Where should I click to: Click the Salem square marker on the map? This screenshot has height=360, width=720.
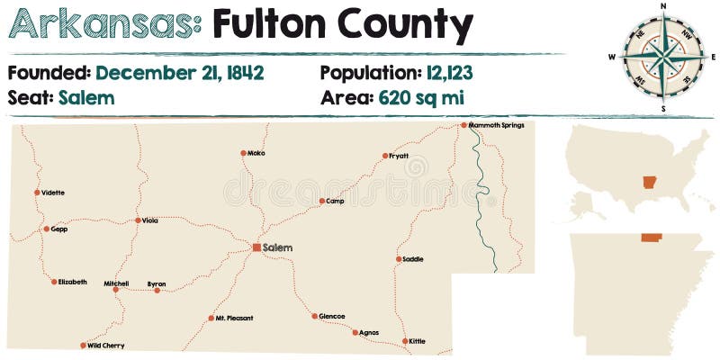click(x=256, y=247)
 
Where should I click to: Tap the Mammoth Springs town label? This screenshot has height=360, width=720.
click(x=496, y=125)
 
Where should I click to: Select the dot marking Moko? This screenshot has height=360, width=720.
click(x=243, y=153)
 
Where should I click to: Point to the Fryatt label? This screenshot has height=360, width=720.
click(x=399, y=156)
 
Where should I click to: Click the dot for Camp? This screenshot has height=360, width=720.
click(x=321, y=202)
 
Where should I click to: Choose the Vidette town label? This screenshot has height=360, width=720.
click(x=53, y=193)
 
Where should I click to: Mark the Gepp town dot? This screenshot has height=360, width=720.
click(x=47, y=229)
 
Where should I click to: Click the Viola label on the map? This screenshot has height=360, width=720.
click(x=150, y=220)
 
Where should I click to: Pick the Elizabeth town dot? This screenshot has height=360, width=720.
click(x=54, y=282)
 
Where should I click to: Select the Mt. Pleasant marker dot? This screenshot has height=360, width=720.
click(x=211, y=318)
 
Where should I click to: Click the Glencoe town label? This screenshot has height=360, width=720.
click(x=332, y=317)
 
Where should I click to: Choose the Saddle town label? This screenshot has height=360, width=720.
click(x=413, y=259)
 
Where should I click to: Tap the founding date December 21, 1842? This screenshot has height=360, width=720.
click(x=180, y=73)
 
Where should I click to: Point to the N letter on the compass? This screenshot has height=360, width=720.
click(x=663, y=6)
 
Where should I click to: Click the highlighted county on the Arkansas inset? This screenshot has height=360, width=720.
click(x=650, y=238)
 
